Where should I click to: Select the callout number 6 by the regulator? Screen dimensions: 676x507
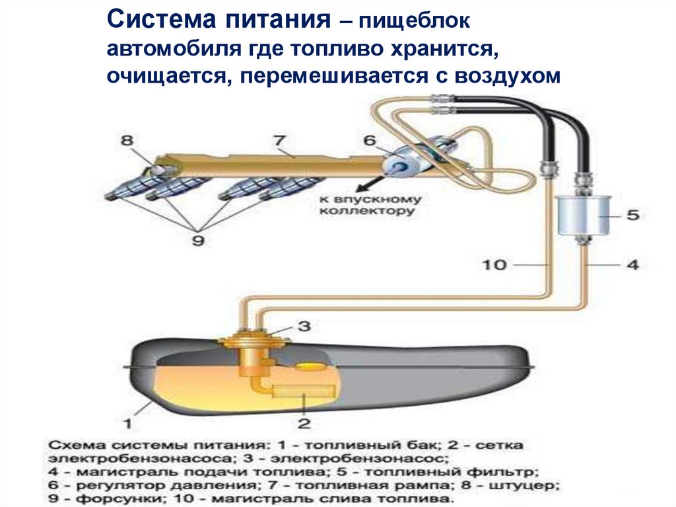pyautogui.click(x=369, y=140)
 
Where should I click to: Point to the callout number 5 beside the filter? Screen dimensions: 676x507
pyautogui.click(x=632, y=215)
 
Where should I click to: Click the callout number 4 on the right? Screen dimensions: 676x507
pyautogui.click(x=632, y=266)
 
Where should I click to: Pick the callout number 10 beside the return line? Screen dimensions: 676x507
pyautogui.click(x=494, y=266)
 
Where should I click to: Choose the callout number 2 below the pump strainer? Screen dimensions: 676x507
pyautogui.click(x=304, y=422)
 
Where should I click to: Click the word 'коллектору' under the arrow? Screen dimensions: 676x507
pyautogui.click(x=367, y=212)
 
